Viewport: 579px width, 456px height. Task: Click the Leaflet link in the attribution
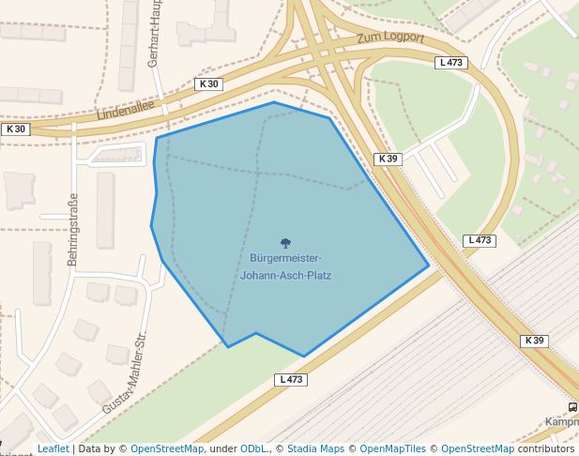(53, 449)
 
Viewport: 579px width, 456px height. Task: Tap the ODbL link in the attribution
(252, 449)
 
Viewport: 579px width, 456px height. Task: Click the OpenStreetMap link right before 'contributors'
(478, 449)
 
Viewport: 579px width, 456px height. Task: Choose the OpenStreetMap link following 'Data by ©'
(166, 449)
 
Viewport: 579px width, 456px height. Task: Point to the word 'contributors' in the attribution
(546, 449)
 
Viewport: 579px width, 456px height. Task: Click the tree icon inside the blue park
(285, 243)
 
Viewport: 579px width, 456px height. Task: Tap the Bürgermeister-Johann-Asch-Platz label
(285, 266)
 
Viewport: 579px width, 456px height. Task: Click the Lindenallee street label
(126, 110)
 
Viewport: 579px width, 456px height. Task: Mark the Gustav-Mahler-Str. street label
(126, 372)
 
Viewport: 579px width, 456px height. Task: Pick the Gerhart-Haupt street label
(155, 34)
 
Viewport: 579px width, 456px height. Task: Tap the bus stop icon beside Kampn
(572, 407)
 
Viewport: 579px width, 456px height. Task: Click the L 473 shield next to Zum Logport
(451, 63)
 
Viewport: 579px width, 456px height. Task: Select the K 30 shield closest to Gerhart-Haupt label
(208, 84)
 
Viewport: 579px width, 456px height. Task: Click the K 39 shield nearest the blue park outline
(389, 160)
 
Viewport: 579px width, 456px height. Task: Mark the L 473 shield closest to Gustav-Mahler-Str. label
(291, 380)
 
